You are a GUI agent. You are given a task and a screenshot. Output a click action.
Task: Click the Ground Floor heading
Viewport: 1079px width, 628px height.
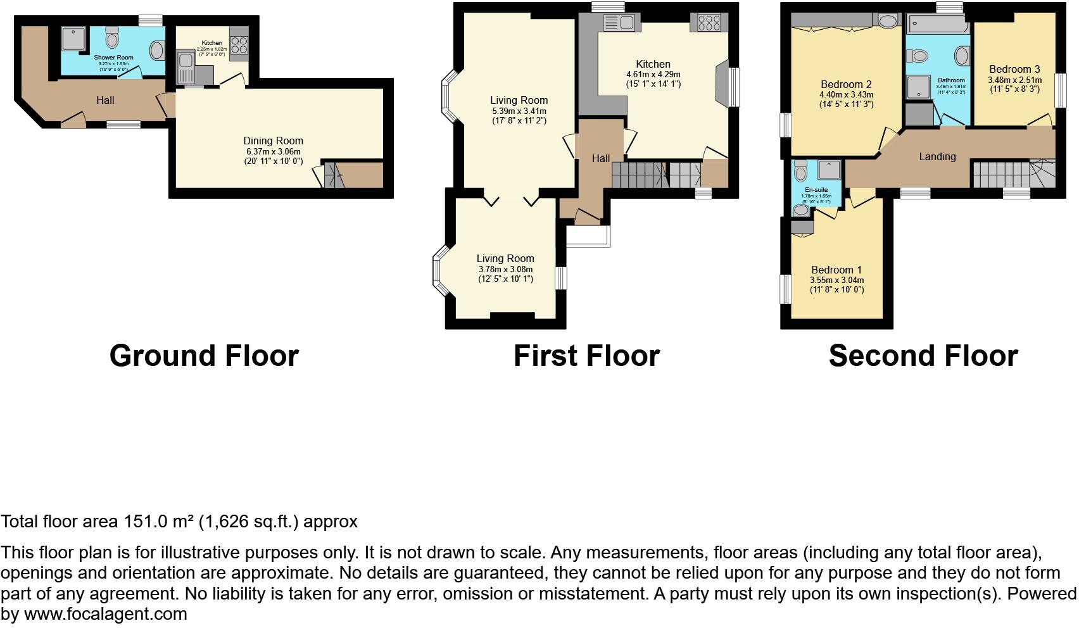point(204,356)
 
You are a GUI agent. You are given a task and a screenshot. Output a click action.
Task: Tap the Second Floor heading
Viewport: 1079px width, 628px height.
point(923,356)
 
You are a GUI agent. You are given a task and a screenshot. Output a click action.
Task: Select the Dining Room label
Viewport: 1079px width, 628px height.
point(273,141)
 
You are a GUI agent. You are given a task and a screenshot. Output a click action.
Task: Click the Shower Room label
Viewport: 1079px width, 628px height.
point(114,58)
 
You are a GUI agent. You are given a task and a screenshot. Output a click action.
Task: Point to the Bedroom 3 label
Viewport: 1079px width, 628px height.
point(1014,70)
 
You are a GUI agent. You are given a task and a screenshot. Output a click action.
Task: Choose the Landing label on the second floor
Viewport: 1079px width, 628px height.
point(937,156)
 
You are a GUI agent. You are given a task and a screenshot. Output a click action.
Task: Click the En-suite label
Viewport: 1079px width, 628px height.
point(816,189)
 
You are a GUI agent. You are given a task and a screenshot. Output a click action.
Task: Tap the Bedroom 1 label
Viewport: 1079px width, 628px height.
point(836,270)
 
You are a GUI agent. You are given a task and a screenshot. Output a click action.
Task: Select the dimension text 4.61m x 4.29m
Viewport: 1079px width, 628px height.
point(653,74)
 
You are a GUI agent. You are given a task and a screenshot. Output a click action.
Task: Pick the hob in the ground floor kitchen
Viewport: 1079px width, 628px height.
point(239,45)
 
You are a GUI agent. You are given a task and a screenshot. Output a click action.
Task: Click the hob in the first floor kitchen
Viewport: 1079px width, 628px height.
point(709,23)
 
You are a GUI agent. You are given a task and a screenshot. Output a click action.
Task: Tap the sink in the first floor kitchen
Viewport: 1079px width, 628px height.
point(618,23)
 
